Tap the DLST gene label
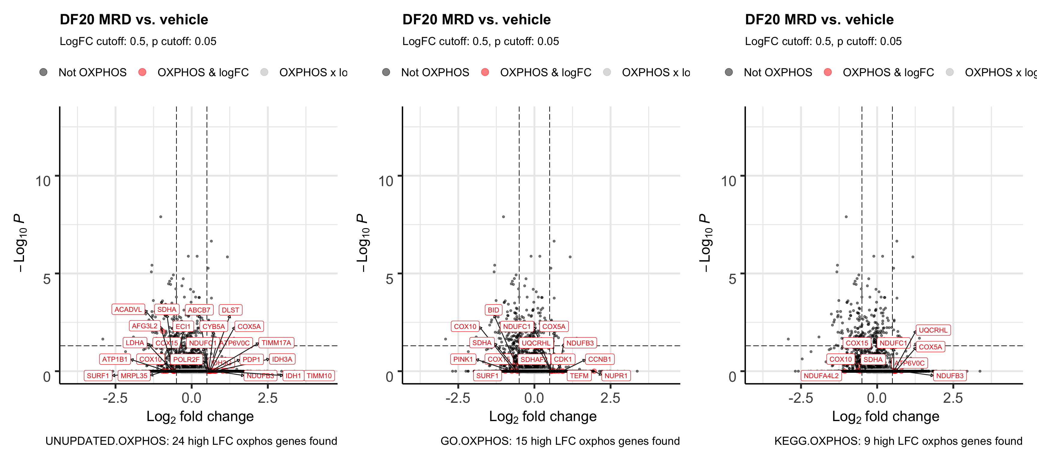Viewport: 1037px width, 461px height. coord(230,310)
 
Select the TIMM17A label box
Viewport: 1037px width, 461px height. coord(276,343)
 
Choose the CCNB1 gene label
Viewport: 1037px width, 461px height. coord(600,360)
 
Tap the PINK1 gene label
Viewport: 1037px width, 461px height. coord(463,360)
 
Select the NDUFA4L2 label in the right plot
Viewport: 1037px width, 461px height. coord(821,376)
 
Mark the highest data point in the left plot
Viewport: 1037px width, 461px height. coord(161,217)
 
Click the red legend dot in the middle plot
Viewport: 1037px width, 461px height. coord(485,72)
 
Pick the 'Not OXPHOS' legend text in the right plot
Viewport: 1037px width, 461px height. coord(778,72)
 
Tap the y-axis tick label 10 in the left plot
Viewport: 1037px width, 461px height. coord(43,181)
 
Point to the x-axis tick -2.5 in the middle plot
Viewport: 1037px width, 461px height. coord(458,398)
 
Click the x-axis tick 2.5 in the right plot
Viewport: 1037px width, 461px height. coord(953,398)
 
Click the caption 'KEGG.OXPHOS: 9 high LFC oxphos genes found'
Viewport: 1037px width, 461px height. coord(898,441)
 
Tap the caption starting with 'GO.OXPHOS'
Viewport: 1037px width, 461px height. coord(560,441)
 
